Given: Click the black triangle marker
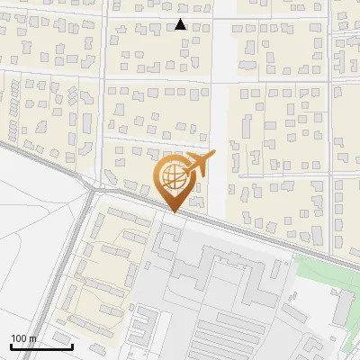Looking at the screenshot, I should click(181, 24).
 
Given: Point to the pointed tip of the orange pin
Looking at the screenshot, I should click(173, 212).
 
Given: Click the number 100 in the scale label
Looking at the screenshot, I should click(19, 338).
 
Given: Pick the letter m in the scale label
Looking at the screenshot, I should click(32, 338).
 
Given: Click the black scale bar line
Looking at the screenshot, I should click(41, 346).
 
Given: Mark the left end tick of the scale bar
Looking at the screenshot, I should click(11, 345).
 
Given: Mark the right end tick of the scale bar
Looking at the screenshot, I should click(72, 345).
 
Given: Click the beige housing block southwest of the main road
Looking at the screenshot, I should click(108, 261).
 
